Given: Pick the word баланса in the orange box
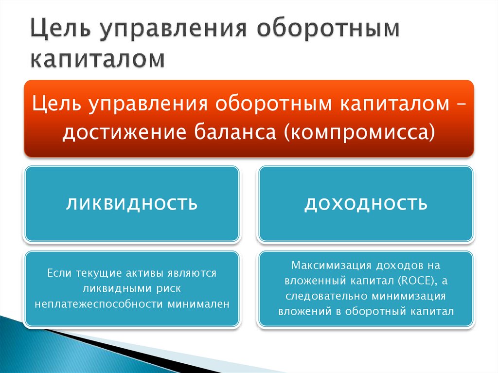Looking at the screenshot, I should tap(233, 131).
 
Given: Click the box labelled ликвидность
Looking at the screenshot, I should tap(132, 203).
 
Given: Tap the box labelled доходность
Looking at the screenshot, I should tap(366, 203).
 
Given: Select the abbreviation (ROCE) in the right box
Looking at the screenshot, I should tap(417, 281).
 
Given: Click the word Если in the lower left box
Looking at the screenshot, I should tap(57, 274).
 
